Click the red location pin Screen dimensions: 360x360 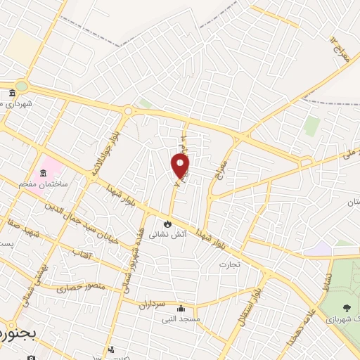point(181,166)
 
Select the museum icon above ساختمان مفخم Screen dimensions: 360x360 point(44,173)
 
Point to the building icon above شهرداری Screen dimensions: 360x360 point(12,94)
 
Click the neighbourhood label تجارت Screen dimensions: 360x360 point(229,265)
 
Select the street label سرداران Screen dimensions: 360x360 point(150,304)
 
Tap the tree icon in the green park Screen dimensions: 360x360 point(347,307)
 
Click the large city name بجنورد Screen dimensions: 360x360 point(14,330)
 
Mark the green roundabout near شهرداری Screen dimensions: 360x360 point(22,86)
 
